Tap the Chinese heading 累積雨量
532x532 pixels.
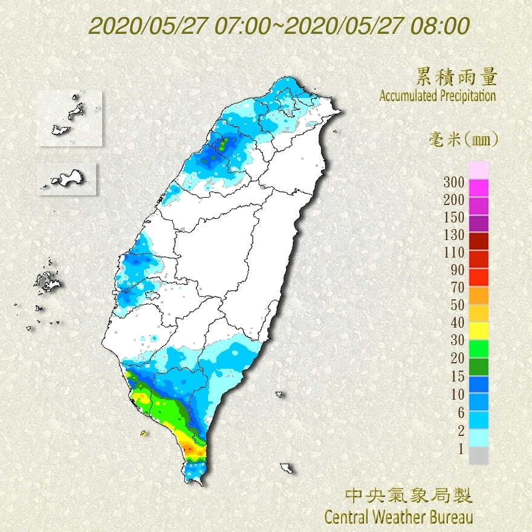pyautogui.click(x=457, y=77)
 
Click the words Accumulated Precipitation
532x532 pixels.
pyautogui.click(x=437, y=96)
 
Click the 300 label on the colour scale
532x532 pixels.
pyautogui.click(x=453, y=182)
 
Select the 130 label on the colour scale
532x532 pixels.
pyautogui.click(x=453, y=235)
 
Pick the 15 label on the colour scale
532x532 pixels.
pyautogui.click(x=457, y=377)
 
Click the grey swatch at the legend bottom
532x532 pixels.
pyautogui.click(x=478, y=456)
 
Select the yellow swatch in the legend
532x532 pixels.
pyautogui.click(x=478, y=330)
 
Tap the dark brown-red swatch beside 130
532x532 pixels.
pyautogui.click(x=478, y=241)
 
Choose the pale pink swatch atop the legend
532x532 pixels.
pyautogui.click(x=478, y=170)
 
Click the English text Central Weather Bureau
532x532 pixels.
pyautogui.click(x=398, y=517)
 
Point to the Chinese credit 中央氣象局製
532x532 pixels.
pyautogui.click(x=409, y=496)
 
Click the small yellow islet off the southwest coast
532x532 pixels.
pyautogui.click(x=143, y=433)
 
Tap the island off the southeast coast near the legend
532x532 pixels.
pyautogui.click(x=287, y=468)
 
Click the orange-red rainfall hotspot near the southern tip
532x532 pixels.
pyautogui.click(x=190, y=449)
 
